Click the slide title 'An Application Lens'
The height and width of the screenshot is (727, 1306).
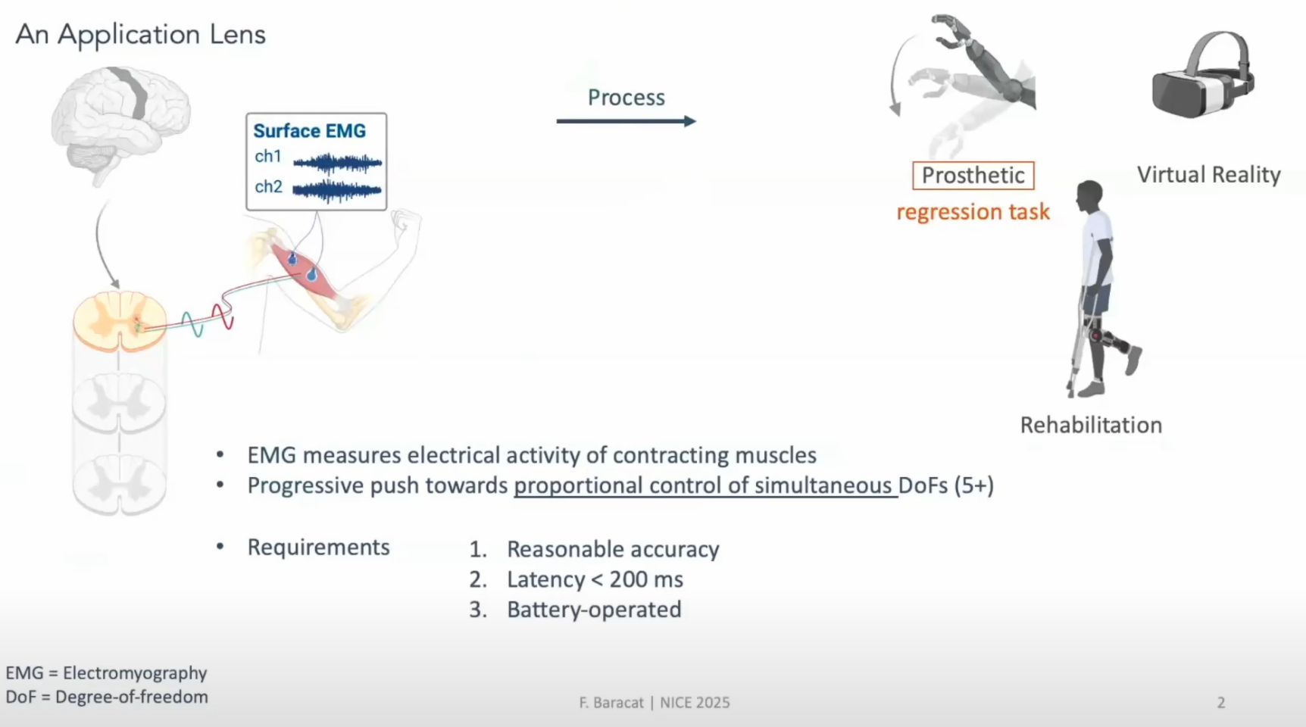click(141, 35)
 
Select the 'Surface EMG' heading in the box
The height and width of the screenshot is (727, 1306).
click(309, 131)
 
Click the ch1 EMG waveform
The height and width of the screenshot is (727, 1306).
click(337, 162)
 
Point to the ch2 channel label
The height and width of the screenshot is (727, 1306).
click(268, 187)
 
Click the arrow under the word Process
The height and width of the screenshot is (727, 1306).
click(626, 121)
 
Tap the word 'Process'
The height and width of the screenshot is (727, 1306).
click(626, 98)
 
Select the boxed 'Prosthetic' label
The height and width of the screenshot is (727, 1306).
click(973, 176)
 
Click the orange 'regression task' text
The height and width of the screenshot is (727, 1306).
click(973, 212)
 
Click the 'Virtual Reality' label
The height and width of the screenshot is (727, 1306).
click(1209, 175)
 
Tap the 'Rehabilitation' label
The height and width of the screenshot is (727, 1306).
click(1091, 425)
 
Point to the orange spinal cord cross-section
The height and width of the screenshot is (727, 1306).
click(120, 321)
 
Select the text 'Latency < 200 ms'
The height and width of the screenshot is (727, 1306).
click(595, 579)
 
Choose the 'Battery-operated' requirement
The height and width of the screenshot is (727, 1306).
click(594, 610)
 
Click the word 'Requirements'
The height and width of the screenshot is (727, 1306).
click(318, 548)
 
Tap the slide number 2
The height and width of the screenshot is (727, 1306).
click(1221, 703)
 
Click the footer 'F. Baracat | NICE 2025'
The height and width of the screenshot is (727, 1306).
click(655, 703)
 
